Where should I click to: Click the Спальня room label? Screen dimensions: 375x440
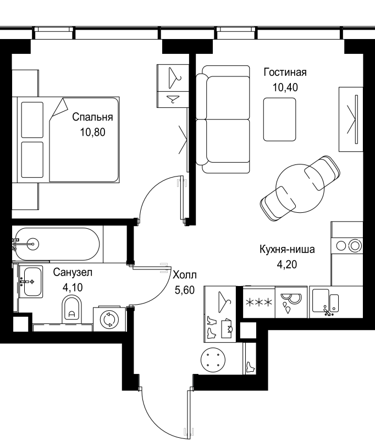92,117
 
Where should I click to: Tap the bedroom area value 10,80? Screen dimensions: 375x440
92,132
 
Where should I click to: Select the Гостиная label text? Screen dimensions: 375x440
285,73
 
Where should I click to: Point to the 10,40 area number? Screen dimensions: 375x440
285,87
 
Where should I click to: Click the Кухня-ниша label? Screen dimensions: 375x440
287,249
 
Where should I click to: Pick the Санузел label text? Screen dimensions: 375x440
73,272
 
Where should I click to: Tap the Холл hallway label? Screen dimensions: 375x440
185,275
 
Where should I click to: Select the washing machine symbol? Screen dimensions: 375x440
109,319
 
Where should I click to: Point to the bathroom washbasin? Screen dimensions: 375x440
31,282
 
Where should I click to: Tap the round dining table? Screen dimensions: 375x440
300,188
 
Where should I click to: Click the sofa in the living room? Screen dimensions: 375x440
223,119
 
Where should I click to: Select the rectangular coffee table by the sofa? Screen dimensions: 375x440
280,119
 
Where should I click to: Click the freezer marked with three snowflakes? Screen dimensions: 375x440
258,302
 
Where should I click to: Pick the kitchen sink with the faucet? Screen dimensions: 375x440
326,301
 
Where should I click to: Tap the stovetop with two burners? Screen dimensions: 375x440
347,246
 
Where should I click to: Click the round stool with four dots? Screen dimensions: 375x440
213,360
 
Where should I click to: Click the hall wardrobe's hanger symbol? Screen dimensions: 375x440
224,302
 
